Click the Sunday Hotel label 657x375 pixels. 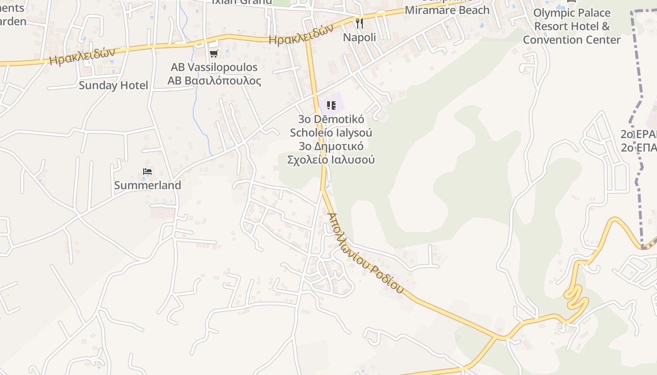coord(113,85)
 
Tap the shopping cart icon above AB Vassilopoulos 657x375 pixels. coord(214,54)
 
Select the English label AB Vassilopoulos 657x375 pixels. coord(214,67)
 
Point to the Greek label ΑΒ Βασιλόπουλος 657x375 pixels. coord(214,81)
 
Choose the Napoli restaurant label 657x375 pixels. coord(359,37)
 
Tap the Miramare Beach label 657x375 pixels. coord(447,10)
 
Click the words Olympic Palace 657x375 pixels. coord(572,13)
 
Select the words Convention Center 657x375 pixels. coord(572,40)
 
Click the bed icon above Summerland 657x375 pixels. coord(147,172)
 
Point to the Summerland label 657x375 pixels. coord(147,186)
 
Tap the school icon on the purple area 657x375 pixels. coord(331,105)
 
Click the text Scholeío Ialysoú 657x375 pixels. coord(331,133)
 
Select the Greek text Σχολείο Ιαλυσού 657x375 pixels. coord(331,159)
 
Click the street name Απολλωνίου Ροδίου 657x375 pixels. coord(365,254)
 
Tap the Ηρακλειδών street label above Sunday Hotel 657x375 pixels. coord(82,56)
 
